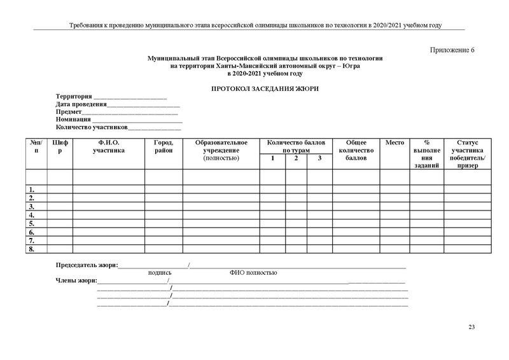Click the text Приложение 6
(454, 50)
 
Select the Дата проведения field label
(80, 104)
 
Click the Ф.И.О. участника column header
(109, 146)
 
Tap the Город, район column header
(164, 146)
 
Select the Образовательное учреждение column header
(221, 150)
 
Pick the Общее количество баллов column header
(356, 150)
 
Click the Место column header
(395, 142)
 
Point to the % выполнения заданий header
(426, 154)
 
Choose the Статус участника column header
(467, 154)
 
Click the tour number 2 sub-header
(296, 158)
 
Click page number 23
(471, 327)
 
